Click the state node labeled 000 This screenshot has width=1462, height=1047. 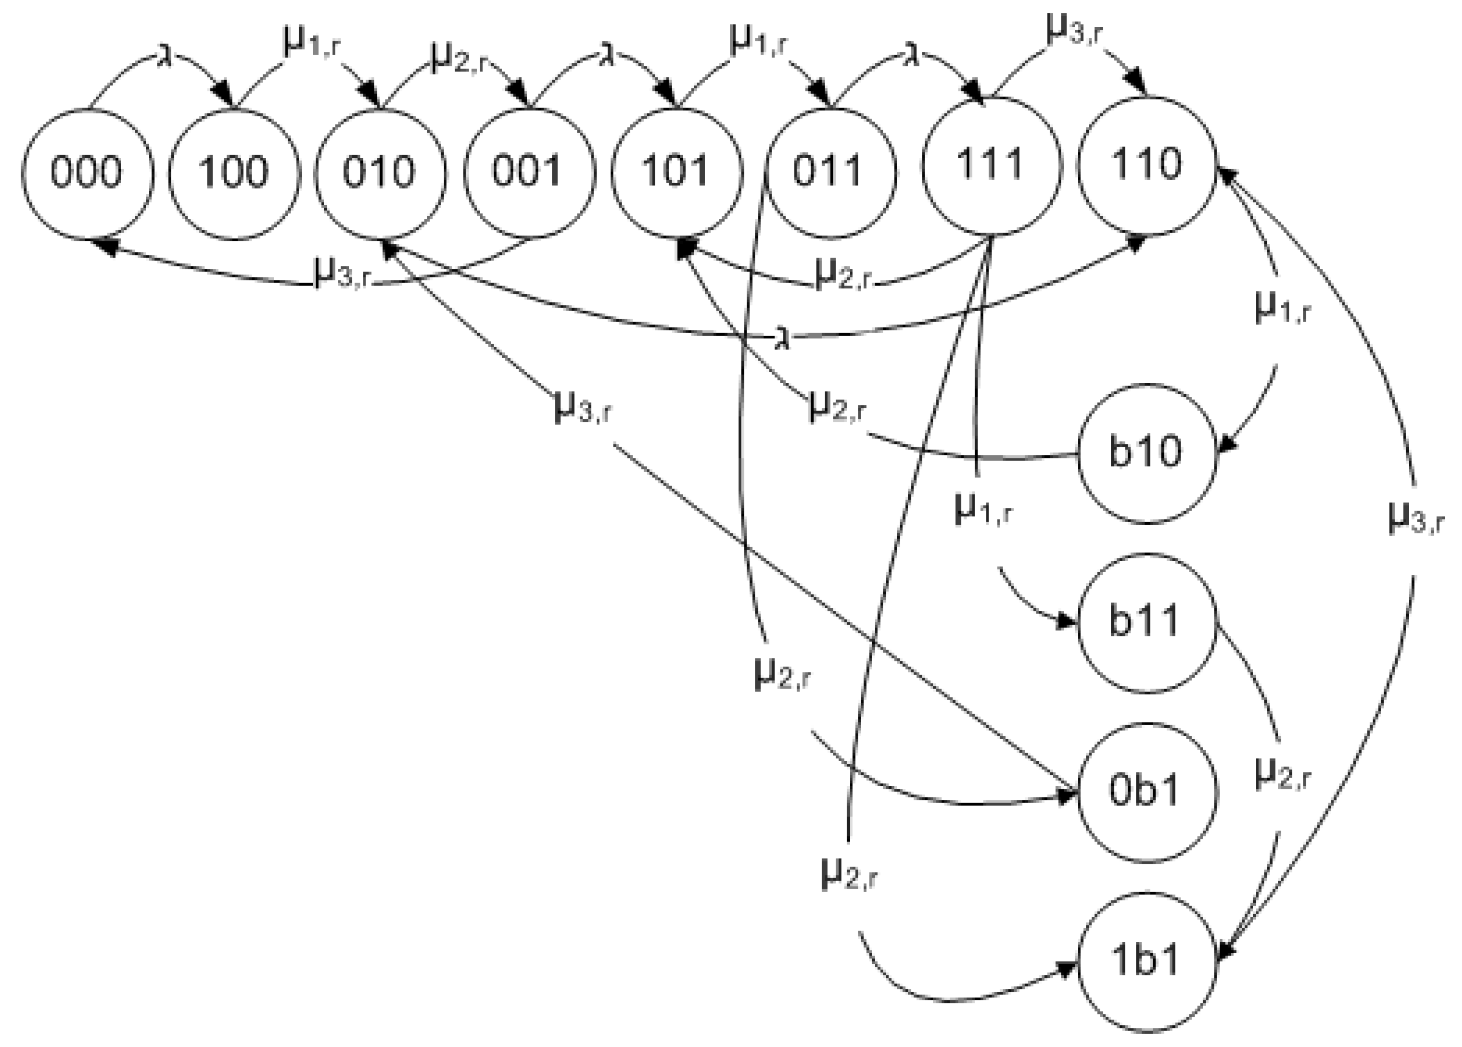(x=87, y=173)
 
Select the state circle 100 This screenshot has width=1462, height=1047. (x=234, y=173)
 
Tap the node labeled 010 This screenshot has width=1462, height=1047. (x=381, y=173)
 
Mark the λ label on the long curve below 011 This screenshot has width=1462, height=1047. (x=782, y=339)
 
